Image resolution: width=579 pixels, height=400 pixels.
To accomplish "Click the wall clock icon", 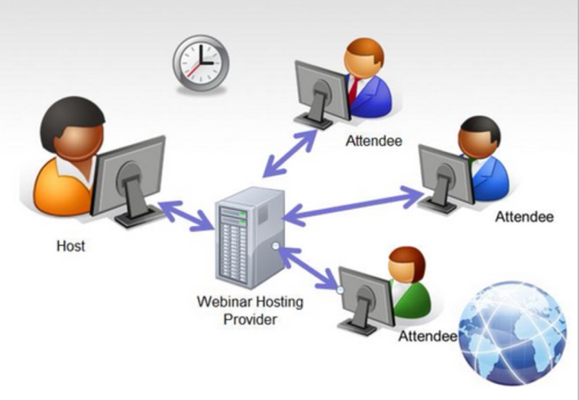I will [x=200, y=63].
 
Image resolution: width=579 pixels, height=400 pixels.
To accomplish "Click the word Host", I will [x=70, y=246].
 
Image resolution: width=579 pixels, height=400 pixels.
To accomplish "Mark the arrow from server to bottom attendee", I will [x=309, y=268].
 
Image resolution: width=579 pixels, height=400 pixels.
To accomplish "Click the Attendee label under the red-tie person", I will [x=374, y=141].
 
